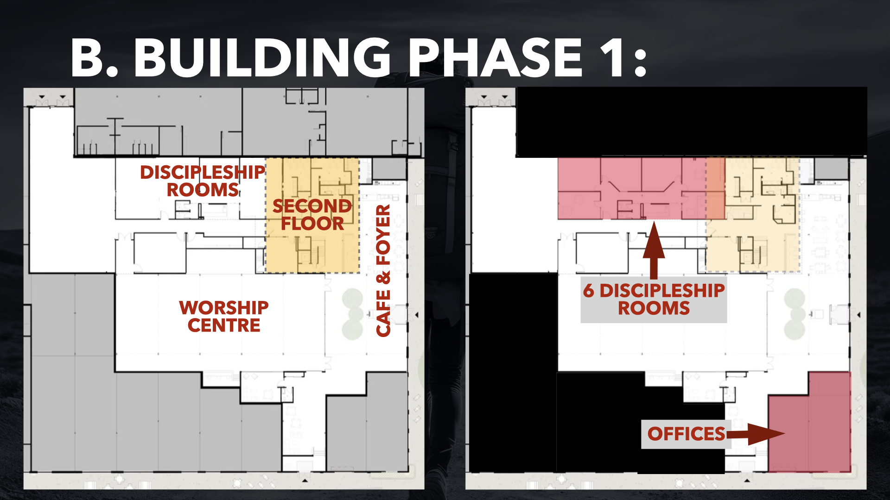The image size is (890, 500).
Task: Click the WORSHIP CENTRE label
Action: [224, 316]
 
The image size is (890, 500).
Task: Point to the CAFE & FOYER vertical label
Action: [383, 271]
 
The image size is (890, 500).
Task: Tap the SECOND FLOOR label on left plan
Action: [312, 214]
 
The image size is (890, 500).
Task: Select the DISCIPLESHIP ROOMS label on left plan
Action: [203, 181]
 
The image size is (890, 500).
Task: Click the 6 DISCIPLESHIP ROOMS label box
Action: [654, 299]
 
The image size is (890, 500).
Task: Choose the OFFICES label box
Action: [686, 434]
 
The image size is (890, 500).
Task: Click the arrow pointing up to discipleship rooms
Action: [654, 250]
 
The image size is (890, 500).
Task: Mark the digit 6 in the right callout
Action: [588, 291]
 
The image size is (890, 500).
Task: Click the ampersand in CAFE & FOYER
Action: [383, 278]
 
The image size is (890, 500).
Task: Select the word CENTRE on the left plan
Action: [224, 325]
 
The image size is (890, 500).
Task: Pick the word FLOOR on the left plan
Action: [312, 224]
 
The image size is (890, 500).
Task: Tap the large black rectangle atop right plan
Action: [691, 122]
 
